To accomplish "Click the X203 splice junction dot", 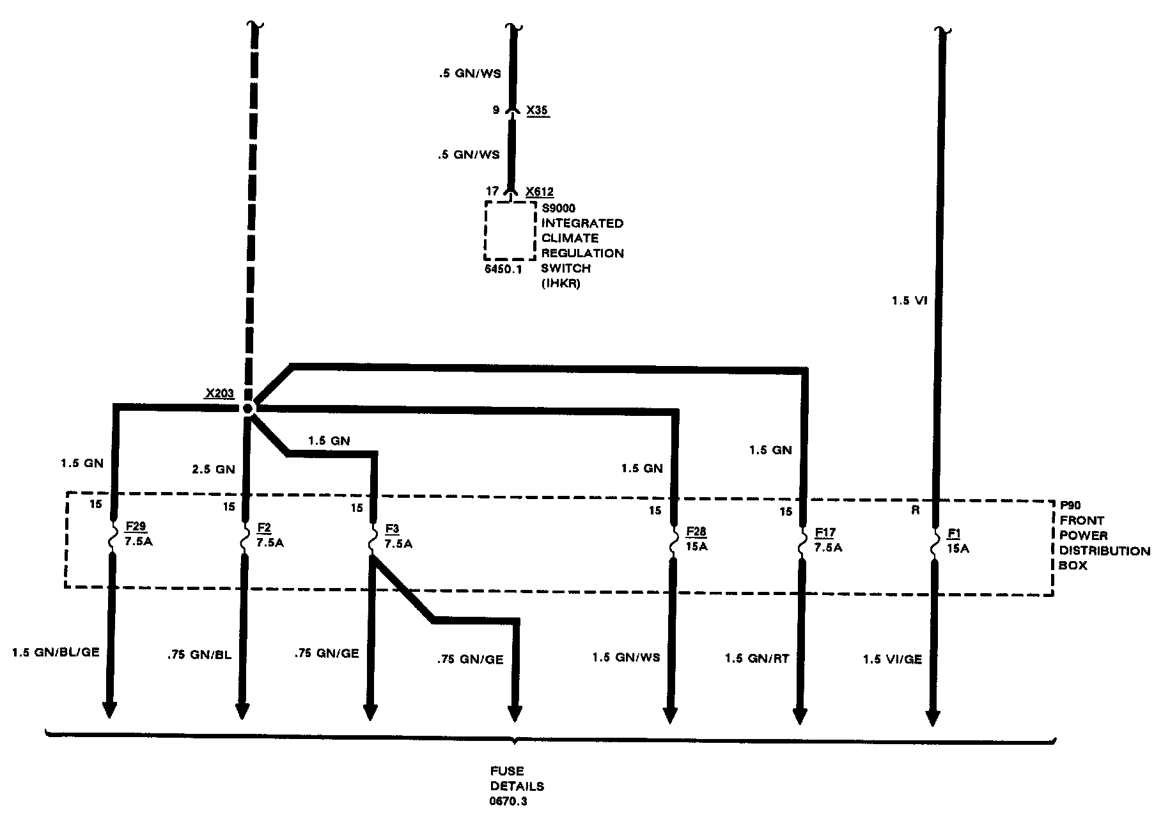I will click(248, 408).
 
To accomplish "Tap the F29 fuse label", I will click(135, 527).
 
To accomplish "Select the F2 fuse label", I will click(263, 528).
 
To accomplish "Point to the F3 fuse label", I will click(392, 529).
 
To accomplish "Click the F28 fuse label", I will click(696, 532).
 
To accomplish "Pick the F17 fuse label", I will click(825, 532).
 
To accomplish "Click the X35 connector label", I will click(538, 111).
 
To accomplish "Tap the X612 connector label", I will click(539, 191).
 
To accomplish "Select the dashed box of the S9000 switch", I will click(510, 230).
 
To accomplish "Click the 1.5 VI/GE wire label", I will click(893, 659).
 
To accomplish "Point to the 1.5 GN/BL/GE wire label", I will click(56, 652).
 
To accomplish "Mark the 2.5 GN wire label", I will click(214, 469).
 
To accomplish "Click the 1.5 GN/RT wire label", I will click(757, 658).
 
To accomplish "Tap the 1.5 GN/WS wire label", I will click(626, 657).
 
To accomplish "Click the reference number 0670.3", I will click(510, 801).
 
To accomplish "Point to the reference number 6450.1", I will click(503, 269).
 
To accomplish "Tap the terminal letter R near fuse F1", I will click(915, 510).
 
